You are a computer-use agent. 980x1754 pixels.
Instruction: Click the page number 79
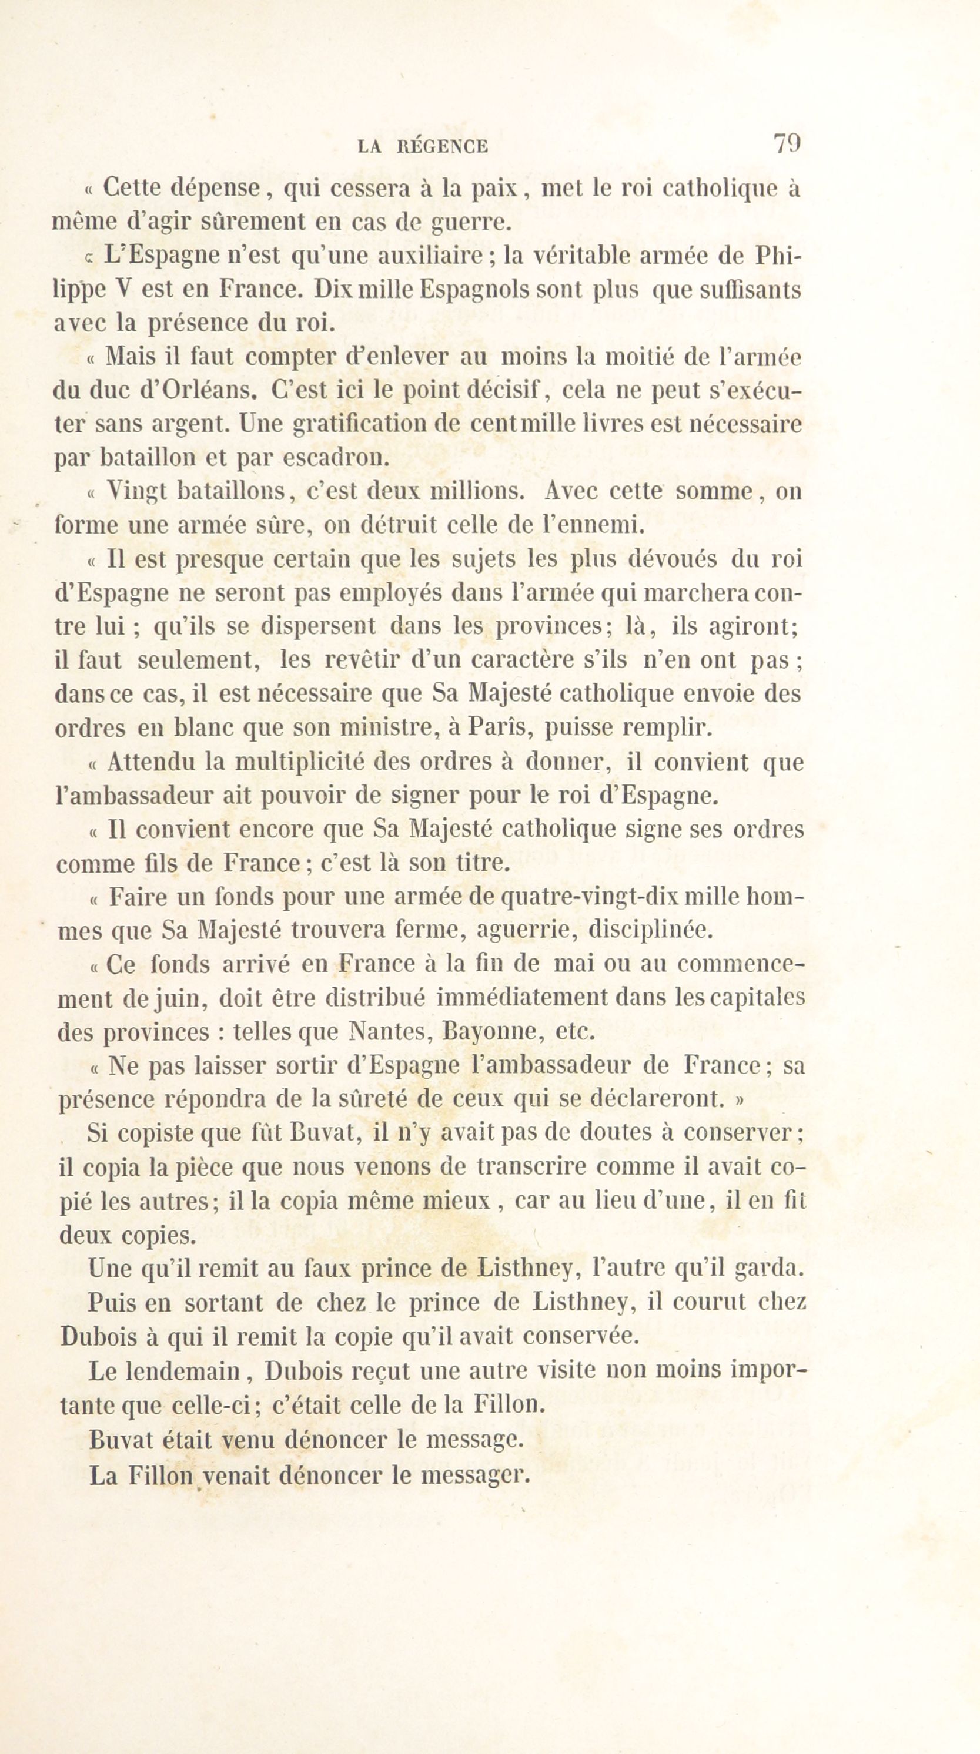click(x=787, y=144)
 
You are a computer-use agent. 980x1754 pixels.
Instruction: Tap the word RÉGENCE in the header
click(x=442, y=146)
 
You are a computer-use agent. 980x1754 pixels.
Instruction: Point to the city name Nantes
click(x=388, y=1032)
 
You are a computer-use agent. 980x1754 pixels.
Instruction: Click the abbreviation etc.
click(x=576, y=1032)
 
